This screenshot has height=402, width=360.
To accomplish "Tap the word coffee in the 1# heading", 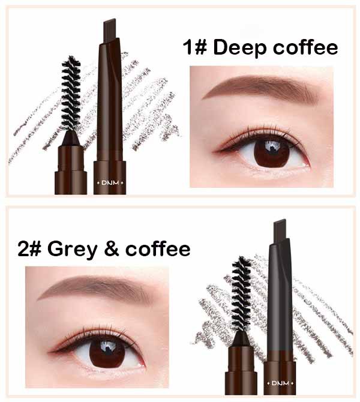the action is pyautogui.click(x=305, y=47).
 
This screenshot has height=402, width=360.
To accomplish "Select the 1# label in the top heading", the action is pyautogui.click(x=195, y=47).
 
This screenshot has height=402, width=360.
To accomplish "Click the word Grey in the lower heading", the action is pyautogui.click(x=73, y=249).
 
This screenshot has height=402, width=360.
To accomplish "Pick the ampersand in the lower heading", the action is pyautogui.click(x=112, y=248).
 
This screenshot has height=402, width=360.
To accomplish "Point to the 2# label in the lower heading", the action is pyautogui.click(x=29, y=248).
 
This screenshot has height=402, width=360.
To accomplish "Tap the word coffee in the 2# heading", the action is pyautogui.click(x=158, y=248).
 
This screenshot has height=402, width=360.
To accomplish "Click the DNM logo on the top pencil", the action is pyautogui.click(x=110, y=183).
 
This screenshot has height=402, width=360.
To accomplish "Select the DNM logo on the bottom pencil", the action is pyautogui.click(x=280, y=383).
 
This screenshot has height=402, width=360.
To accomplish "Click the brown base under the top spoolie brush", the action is pyautogui.click(x=71, y=169).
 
